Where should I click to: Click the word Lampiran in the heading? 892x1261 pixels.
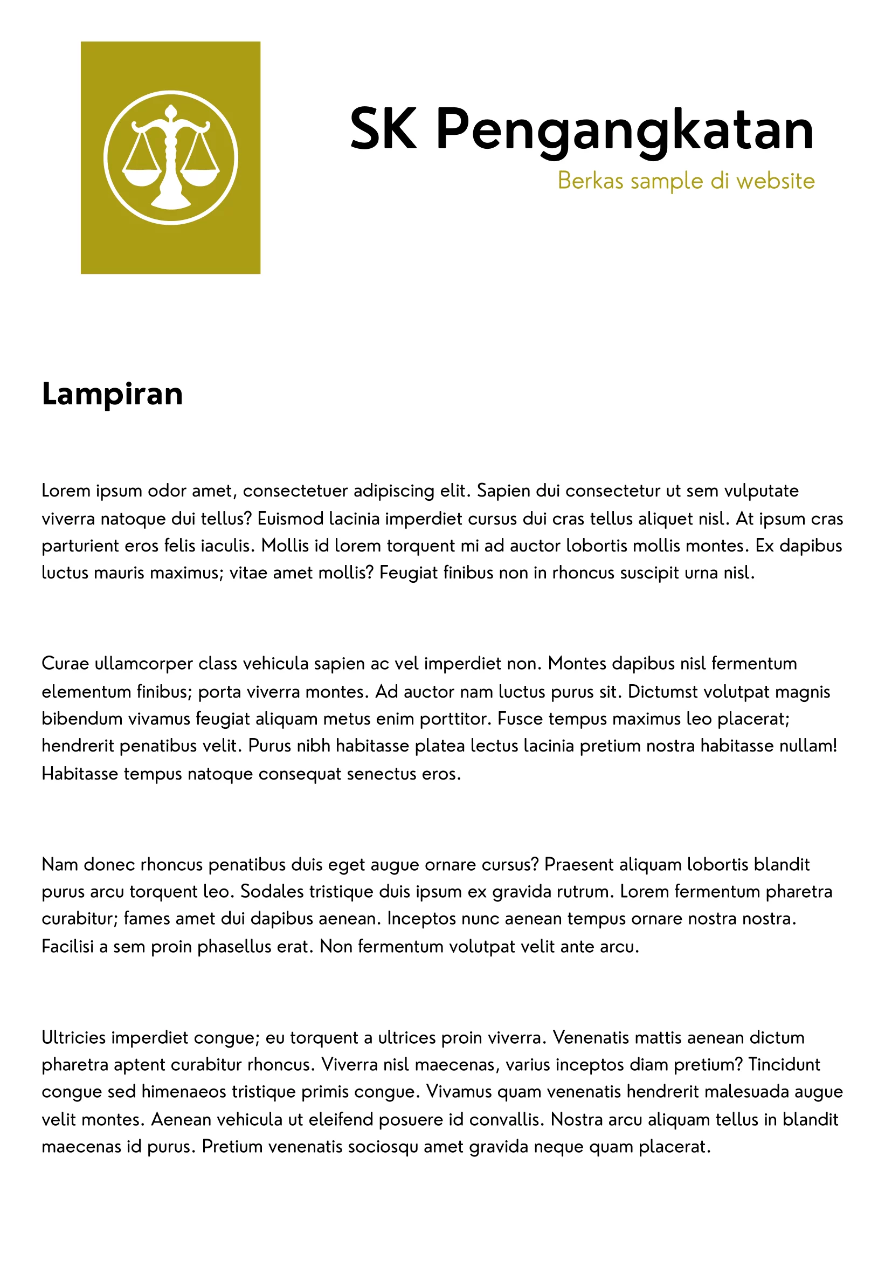[x=112, y=395]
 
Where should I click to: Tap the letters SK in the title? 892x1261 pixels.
[x=383, y=130]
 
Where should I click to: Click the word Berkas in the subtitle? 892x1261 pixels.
[x=591, y=181]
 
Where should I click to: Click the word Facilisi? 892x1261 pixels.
[x=67, y=946]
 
